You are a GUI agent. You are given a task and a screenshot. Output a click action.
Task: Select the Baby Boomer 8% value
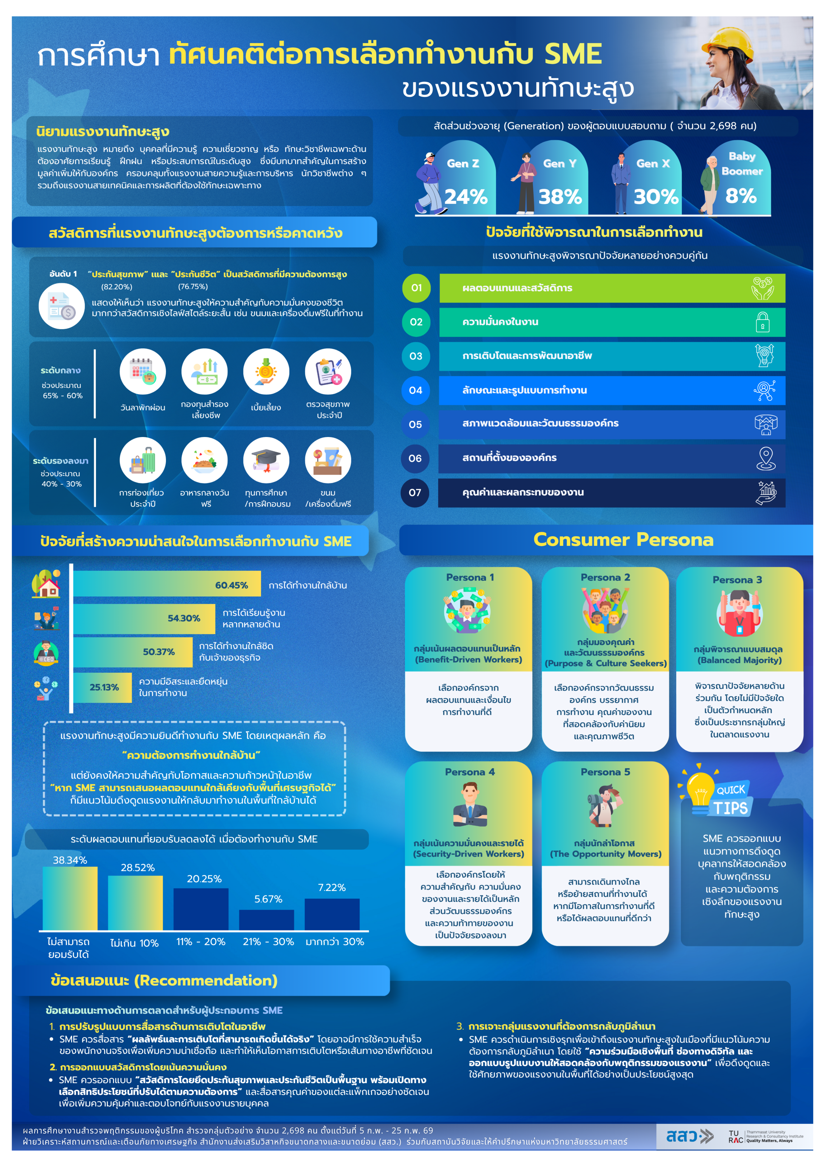point(741,196)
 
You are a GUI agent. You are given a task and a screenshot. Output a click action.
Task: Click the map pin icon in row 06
point(765,458)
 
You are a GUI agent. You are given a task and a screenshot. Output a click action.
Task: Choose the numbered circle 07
point(415,492)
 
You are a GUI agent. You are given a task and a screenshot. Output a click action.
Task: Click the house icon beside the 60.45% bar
point(46,584)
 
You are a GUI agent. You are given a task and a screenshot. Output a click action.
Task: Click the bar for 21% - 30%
point(266,920)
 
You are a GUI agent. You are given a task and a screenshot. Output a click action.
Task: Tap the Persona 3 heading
point(737,580)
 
